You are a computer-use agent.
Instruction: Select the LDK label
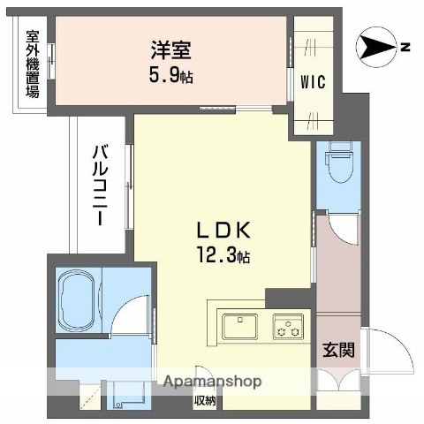224,231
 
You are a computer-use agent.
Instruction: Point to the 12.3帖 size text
224,257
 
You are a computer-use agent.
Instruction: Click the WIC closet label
313,82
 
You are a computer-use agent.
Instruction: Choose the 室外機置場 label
33,64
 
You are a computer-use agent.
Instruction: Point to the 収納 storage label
206,399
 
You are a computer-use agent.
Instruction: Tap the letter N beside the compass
405,47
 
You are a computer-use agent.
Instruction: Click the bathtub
77,299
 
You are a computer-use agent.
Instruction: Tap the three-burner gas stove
288,326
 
